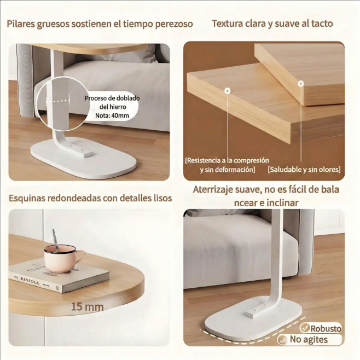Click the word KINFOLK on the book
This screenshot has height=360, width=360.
(30, 281)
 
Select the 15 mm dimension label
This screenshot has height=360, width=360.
(87, 307)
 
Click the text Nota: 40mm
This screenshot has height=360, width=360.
(112, 115)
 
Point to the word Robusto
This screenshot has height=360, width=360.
(326, 329)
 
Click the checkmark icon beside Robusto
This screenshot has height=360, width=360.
(305, 328)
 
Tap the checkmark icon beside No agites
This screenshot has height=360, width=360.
(282, 340)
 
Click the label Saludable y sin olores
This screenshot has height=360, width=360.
(304, 170)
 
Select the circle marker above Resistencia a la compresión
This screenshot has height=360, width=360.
(227, 91)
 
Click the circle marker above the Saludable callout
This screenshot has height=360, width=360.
(301, 83)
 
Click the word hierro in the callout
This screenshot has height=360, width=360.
(119, 107)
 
